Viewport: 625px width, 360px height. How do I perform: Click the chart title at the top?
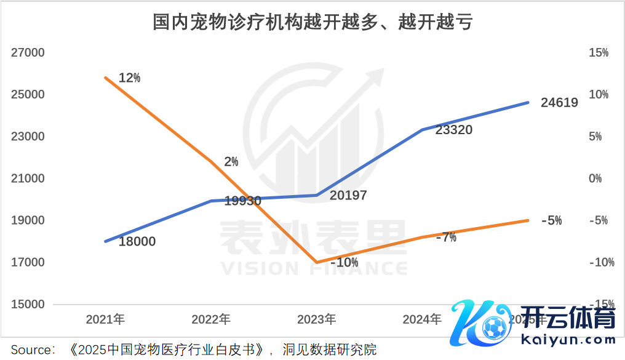pos(312,23)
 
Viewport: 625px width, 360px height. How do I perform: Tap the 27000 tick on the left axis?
pos(28,53)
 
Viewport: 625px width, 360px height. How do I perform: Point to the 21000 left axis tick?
pos(28,178)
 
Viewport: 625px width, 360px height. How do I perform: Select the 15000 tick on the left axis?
pos(28,305)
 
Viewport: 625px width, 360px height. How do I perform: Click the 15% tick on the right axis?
pos(598,53)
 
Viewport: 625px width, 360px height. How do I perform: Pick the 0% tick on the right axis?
pos(595,178)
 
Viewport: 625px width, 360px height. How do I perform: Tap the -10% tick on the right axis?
pos(600,263)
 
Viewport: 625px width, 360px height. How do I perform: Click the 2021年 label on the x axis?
pos(105,319)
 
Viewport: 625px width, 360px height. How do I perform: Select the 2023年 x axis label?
pos(316,319)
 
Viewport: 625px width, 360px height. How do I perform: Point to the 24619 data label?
pos(559,103)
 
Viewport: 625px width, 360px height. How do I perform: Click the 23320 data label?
pos(453,130)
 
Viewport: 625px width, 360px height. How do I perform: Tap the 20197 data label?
pos(348,196)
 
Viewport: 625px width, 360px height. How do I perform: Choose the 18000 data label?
pos(137,242)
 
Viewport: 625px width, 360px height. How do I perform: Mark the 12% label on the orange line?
pos(129,78)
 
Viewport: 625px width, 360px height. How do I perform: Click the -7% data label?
pos(446,238)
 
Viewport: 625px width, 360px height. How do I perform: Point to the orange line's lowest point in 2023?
pos(316,263)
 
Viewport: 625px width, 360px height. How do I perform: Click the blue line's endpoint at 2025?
pos(528,103)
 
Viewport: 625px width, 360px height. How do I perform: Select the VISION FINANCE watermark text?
pos(314,269)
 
